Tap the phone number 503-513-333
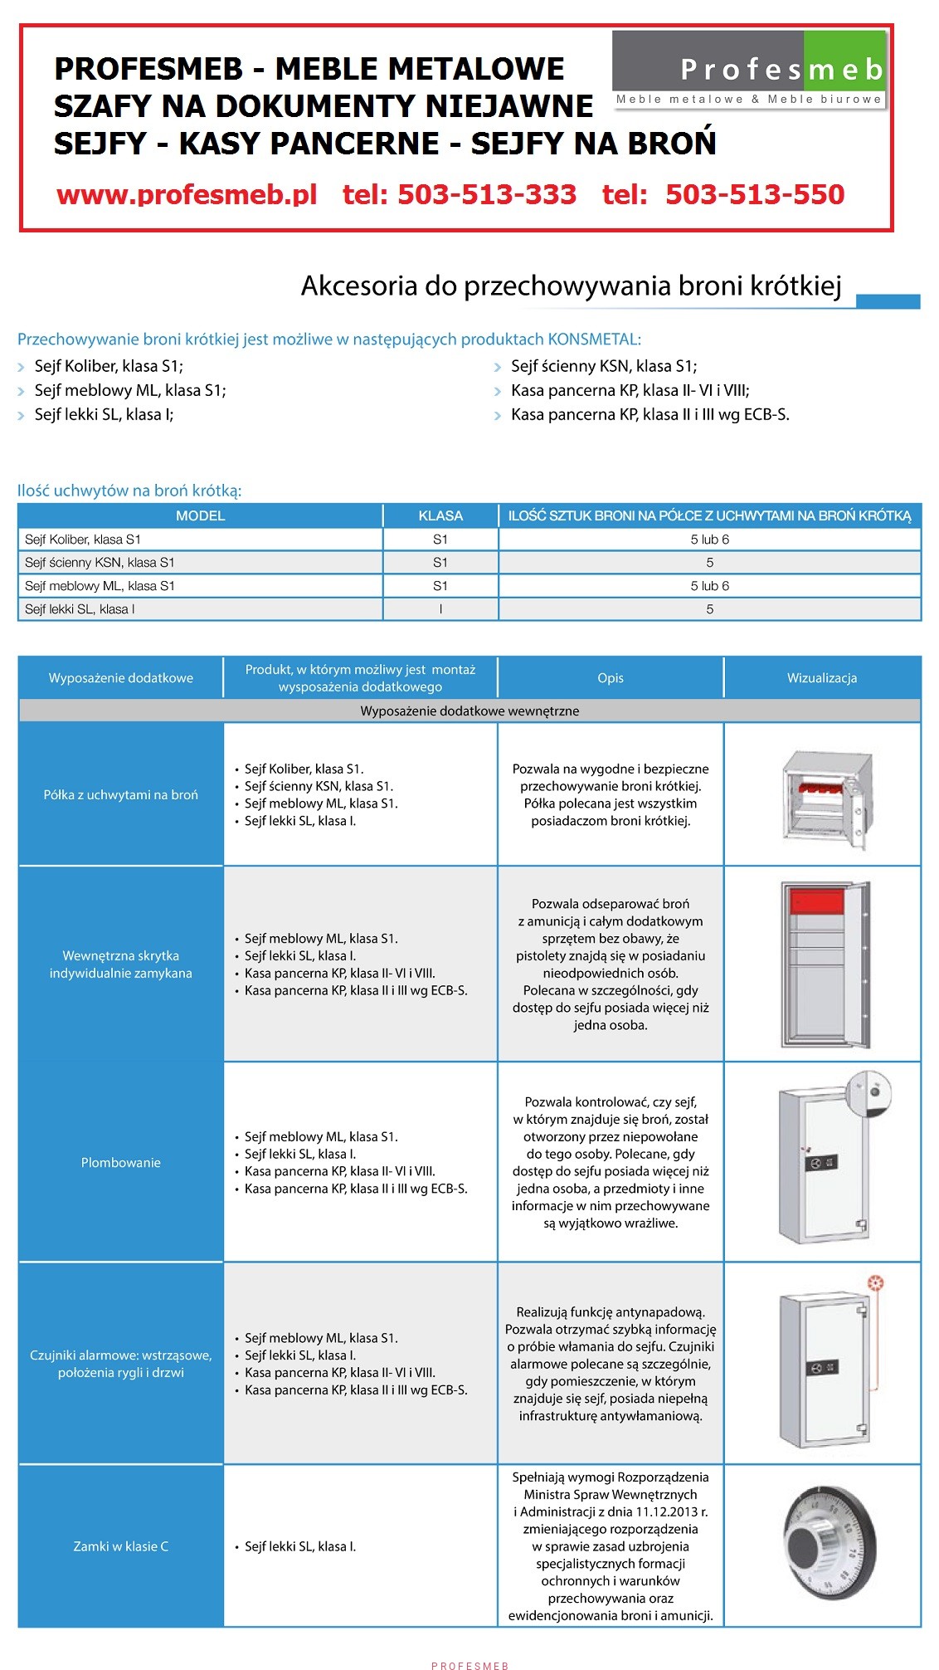tap(460, 194)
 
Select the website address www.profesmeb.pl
tap(187, 194)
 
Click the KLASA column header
tap(440, 515)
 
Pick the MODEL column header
tap(200, 515)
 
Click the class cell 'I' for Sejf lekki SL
tap(440, 609)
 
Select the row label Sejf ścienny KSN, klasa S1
tap(100, 563)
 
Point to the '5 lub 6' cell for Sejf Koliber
tap(709, 540)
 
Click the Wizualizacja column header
tap(821, 678)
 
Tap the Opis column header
tap(610, 678)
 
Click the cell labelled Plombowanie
tap(121, 1162)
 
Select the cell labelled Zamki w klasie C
tap(121, 1546)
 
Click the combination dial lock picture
tap(830, 1543)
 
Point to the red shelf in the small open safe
tap(816, 788)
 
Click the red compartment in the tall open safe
tap(816, 901)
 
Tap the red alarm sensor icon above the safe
tap(875, 1284)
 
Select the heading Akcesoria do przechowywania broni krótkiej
tap(571, 286)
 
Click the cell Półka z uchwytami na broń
tap(121, 794)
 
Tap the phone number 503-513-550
tap(754, 194)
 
